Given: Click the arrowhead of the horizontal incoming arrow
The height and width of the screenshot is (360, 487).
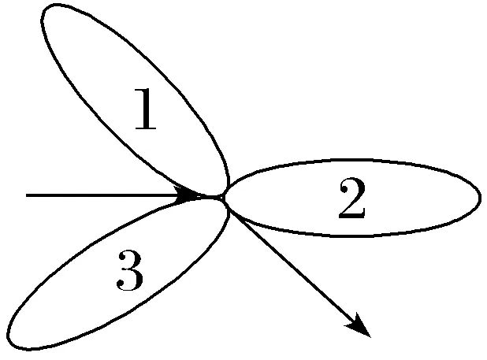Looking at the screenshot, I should click(x=191, y=195).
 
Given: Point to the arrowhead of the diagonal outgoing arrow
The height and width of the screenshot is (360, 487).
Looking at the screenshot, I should click(x=360, y=327).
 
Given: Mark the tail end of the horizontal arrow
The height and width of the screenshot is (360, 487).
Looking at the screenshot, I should click(x=27, y=195).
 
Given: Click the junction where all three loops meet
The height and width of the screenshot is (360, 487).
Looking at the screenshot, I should click(x=224, y=197).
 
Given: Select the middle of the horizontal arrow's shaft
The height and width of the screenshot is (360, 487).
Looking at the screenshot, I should click(x=106, y=195).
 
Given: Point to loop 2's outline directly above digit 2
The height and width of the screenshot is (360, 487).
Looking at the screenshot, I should click(x=351, y=160).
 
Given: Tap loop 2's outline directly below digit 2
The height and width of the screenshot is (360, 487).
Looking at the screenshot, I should click(x=351, y=235).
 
